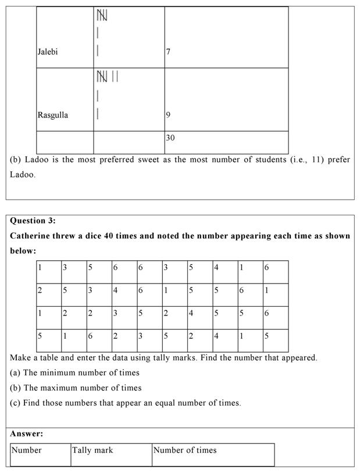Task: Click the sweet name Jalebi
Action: pos(48,52)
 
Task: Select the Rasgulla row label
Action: pos(53,115)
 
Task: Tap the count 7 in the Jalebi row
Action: pos(168,52)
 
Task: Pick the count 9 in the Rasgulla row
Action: pos(168,115)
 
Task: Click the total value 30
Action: pos(170,138)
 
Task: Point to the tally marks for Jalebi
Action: pos(101,32)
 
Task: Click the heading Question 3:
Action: pos(33,221)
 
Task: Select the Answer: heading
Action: pos(27,434)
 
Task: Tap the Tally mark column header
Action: pos(93,450)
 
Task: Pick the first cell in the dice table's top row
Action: pos(48,272)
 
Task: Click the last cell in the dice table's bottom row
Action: pos(275,341)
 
